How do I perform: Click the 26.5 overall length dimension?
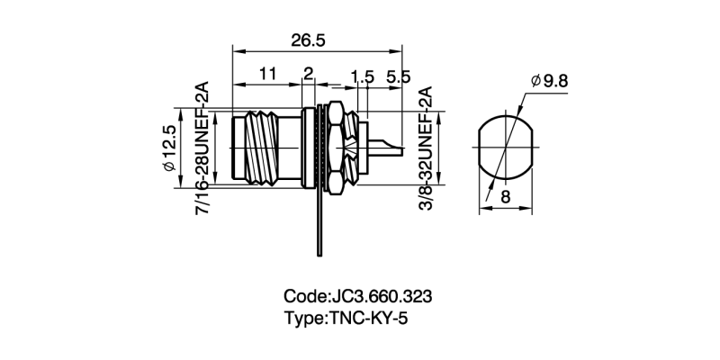click(x=308, y=40)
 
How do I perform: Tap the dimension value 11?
click(x=266, y=75)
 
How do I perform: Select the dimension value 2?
click(x=308, y=75)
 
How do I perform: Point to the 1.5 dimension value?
click(x=362, y=78)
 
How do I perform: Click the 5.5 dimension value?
click(x=398, y=78)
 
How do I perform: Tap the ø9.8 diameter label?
click(x=550, y=81)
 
